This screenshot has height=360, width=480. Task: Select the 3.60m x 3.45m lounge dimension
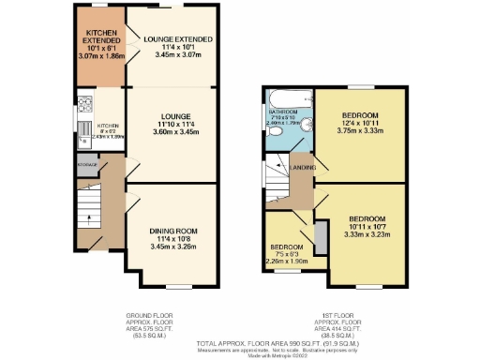click(172, 131)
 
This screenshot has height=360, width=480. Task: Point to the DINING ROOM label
click(172, 230)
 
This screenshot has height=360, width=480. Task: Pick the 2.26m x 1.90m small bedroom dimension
click(288, 262)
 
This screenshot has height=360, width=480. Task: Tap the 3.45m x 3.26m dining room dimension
click(172, 248)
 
